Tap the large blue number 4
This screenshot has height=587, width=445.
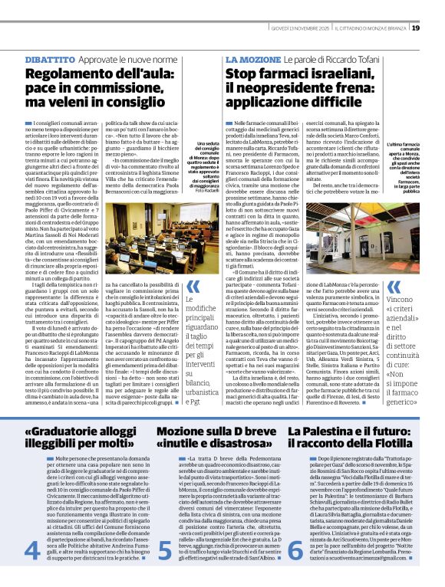(x=34, y=549)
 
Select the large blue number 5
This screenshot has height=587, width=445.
(x=166, y=549)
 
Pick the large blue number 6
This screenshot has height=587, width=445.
(x=296, y=549)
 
